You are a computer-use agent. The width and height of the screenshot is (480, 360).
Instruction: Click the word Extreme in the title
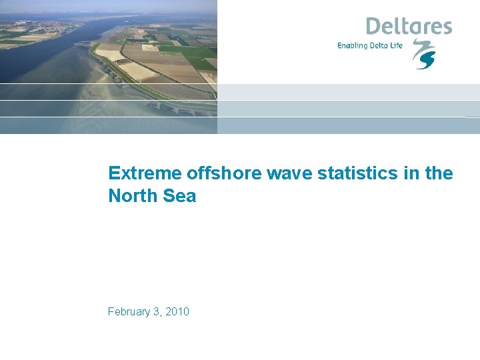coord(145,174)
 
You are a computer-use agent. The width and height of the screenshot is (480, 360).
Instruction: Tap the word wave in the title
coord(291,174)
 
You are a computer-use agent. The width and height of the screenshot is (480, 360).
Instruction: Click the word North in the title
coord(131,196)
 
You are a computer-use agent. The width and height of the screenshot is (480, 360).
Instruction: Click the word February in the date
coord(131,312)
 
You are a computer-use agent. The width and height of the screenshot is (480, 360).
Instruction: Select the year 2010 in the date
coord(177,312)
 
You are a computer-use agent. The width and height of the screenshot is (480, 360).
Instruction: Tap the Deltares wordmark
coord(409,27)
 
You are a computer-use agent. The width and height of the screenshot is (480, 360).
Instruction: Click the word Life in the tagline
coord(397,45)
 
